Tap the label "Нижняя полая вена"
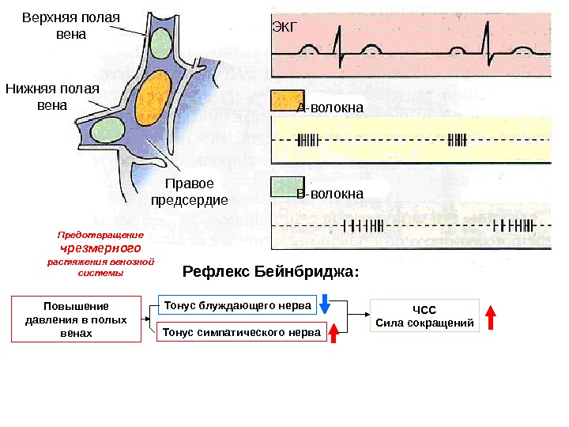pos(52,96)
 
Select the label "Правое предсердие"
pos(189,191)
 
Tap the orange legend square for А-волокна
pos(282,101)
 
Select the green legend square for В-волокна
pos(282,186)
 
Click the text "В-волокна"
pos(330,194)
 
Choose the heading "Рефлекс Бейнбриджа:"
pos(270,273)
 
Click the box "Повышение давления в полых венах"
pos(77,319)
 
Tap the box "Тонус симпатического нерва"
pos(242,333)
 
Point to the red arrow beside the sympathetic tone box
pos(333,332)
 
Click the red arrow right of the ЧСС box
pos(490,317)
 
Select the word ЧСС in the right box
pos(424,310)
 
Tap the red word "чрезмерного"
pos(100,248)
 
